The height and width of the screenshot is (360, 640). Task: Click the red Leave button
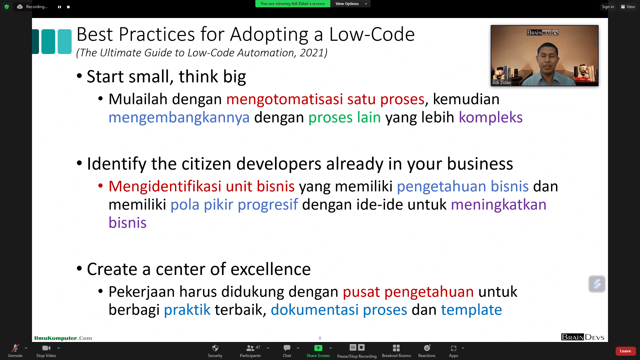[625, 351]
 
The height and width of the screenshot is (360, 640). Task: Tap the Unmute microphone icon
[15, 348]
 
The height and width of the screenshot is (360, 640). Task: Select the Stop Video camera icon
[46, 348]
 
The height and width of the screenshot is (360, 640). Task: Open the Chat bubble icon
[287, 348]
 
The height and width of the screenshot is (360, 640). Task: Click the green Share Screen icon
[318, 348]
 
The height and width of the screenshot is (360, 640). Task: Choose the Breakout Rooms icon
[396, 348]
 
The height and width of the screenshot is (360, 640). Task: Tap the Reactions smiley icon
[427, 348]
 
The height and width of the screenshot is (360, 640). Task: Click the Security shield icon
[215, 348]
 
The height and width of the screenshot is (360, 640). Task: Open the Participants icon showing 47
[253, 348]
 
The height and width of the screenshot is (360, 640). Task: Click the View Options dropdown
[350, 4]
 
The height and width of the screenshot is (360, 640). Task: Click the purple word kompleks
[491, 117]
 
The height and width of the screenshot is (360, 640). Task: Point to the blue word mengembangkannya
[179, 117]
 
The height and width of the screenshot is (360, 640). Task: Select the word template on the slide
[471, 310]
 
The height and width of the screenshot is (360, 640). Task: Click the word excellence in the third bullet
[272, 269]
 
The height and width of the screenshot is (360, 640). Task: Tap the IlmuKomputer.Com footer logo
[63, 338]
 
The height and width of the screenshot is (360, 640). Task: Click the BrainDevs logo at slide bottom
[583, 337]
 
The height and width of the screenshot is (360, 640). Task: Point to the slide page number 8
[320, 338]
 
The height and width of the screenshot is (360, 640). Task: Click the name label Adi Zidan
[502, 82]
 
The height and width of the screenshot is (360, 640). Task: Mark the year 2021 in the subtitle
[312, 53]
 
